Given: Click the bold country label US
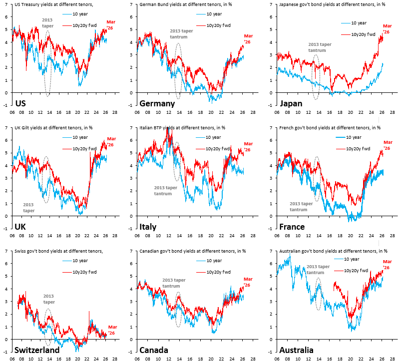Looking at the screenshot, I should pos(21,103).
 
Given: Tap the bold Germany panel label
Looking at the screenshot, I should pos(157,103).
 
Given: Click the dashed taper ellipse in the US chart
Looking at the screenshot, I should pos(47,63).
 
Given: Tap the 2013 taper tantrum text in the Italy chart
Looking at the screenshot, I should pos(165,190).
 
